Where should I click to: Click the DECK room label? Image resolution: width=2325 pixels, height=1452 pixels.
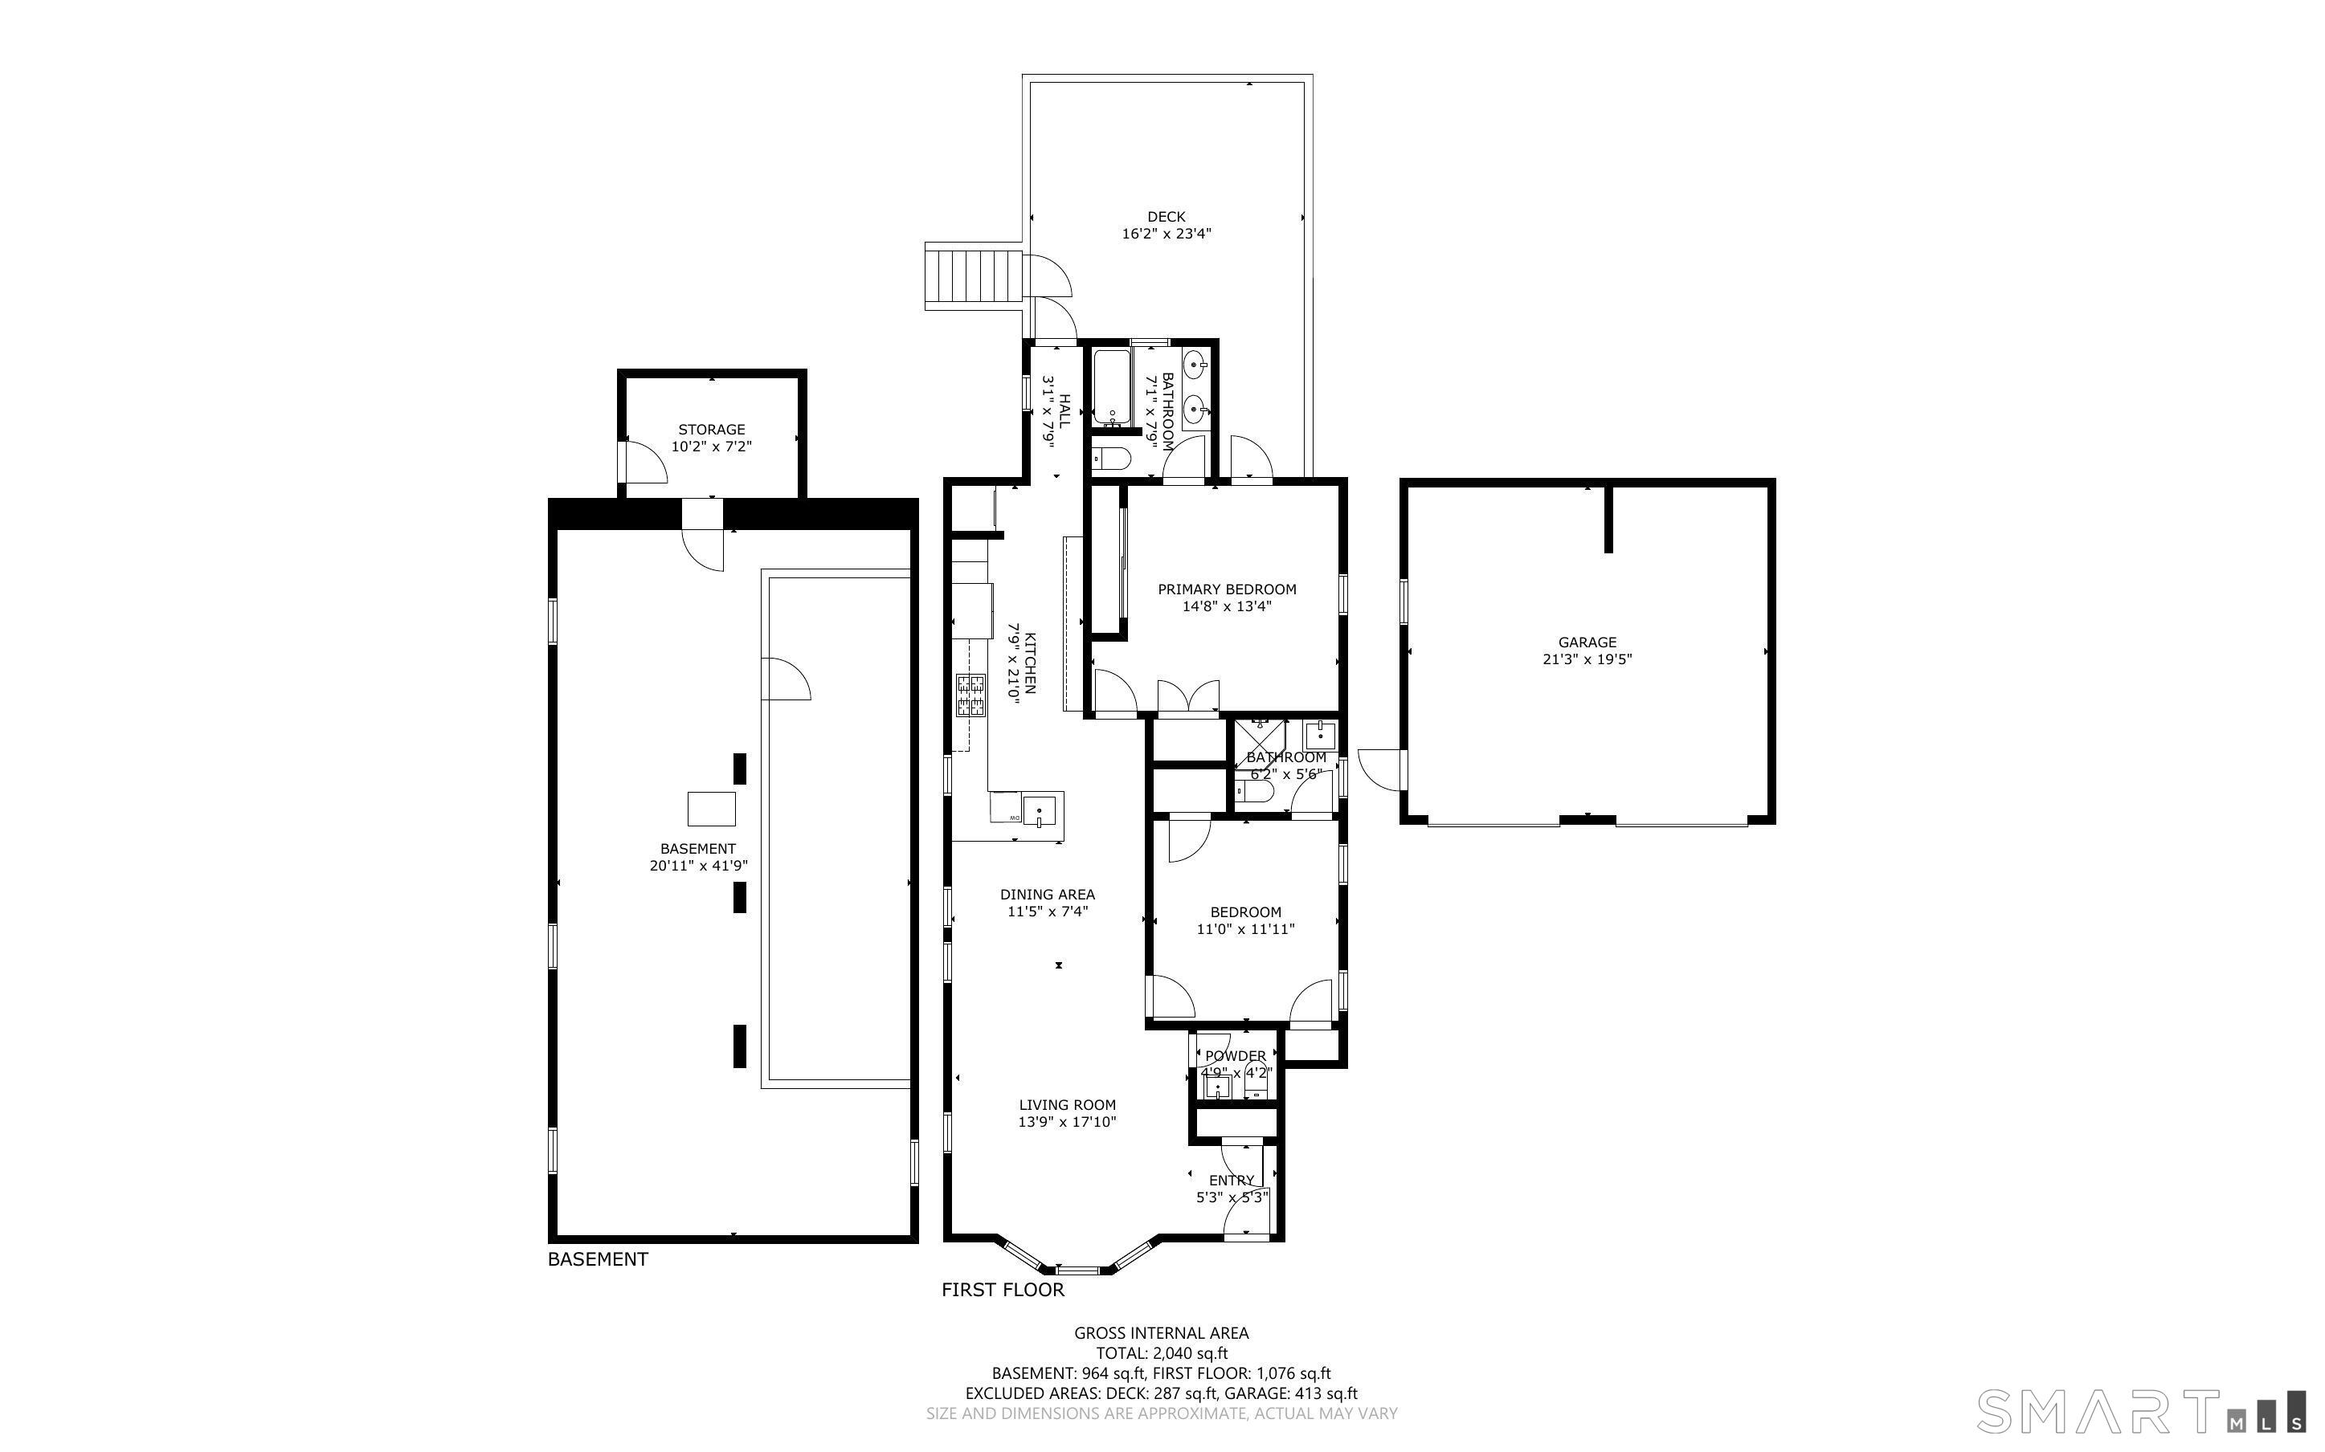coord(1166,217)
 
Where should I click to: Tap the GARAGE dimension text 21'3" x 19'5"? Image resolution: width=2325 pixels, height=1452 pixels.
coord(1587,659)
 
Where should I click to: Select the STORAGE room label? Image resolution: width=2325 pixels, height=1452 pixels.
coord(712,430)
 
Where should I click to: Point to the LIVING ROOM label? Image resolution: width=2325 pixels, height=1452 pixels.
coord(1067,1105)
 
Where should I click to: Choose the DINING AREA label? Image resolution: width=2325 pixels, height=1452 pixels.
coord(1048,894)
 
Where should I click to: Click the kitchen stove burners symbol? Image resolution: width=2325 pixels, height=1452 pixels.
coord(970,696)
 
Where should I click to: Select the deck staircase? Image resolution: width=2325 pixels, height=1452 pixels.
coord(973,275)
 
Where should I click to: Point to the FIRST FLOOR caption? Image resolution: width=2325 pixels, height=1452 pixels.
coord(1003,1290)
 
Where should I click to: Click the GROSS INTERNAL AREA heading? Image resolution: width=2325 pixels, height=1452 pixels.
coord(1161,1333)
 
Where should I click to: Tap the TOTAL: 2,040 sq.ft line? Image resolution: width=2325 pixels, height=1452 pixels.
coord(1162,1353)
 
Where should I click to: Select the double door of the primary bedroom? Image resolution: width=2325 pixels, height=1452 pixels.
coord(1189,697)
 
